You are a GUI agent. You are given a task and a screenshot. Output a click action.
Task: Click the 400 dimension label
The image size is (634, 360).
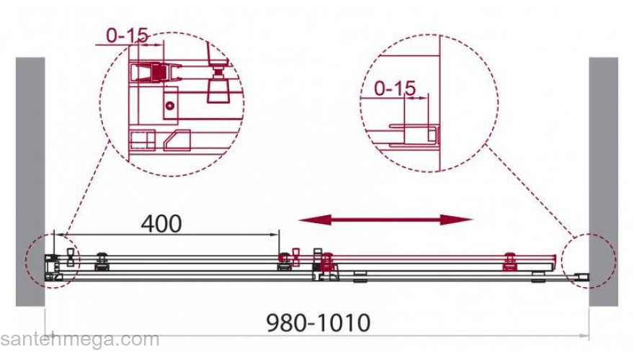(x=161, y=224)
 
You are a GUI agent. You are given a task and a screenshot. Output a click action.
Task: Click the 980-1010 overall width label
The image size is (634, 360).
(x=318, y=323)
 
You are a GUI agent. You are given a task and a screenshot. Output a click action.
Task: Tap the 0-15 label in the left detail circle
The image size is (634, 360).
(x=127, y=35)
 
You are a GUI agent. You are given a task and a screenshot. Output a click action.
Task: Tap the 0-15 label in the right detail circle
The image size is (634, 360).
(x=395, y=89)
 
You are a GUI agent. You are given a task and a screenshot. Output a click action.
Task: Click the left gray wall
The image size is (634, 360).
(x=30, y=181)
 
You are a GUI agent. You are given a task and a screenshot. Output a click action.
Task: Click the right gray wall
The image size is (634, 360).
(x=603, y=181)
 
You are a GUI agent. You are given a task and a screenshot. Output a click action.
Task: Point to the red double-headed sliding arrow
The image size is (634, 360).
(x=385, y=220)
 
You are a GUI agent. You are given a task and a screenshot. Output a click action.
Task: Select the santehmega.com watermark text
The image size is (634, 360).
(x=80, y=340)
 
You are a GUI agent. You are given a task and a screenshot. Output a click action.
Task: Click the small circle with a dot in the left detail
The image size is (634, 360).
(x=170, y=106)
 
